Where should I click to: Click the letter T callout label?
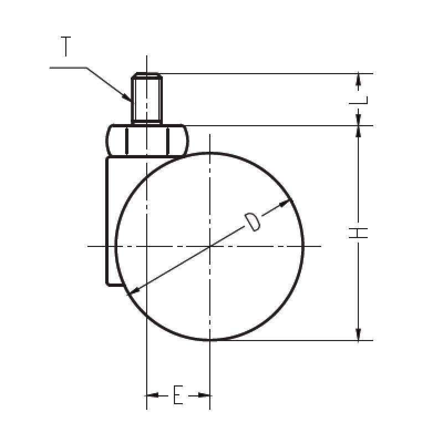[x=66, y=47]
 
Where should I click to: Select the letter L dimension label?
[x=358, y=100]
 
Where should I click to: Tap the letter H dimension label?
[x=358, y=233]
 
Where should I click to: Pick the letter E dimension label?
[x=178, y=394]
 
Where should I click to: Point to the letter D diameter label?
[x=253, y=222]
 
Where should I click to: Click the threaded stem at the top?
[x=147, y=98]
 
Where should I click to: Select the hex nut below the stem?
[x=147, y=141]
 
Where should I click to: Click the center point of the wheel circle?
[x=210, y=246]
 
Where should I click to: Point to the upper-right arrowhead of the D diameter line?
[x=285, y=203]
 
